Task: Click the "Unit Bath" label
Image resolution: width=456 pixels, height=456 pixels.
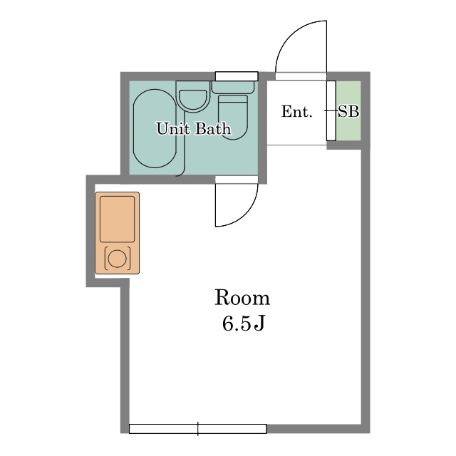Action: (194, 128)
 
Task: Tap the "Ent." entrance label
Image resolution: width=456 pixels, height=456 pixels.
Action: (296, 111)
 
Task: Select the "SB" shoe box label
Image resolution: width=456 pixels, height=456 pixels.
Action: (348, 111)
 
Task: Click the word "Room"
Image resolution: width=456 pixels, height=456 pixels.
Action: (242, 298)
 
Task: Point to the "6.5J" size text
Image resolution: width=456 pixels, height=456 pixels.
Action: (244, 323)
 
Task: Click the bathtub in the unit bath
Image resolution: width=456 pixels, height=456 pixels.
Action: (155, 128)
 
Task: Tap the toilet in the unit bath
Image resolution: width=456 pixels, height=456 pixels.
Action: (233, 117)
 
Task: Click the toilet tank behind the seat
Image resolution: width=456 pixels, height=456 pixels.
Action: (233, 87)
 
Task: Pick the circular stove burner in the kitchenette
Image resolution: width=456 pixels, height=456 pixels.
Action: (117, 258)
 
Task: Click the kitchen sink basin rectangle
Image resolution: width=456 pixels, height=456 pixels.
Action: (117, 219)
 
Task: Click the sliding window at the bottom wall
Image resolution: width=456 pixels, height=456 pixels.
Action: (198, 429)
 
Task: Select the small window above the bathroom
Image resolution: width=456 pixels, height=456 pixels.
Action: (237, 76)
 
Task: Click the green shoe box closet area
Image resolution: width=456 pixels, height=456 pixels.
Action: (348, 110)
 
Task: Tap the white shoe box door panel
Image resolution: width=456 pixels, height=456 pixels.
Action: (331, 110)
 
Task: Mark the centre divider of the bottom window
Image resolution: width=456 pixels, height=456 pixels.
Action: (198, 429)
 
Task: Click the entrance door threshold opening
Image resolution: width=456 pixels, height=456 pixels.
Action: (301, 76)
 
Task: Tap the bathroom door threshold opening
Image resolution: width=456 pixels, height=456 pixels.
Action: (237, 180)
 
